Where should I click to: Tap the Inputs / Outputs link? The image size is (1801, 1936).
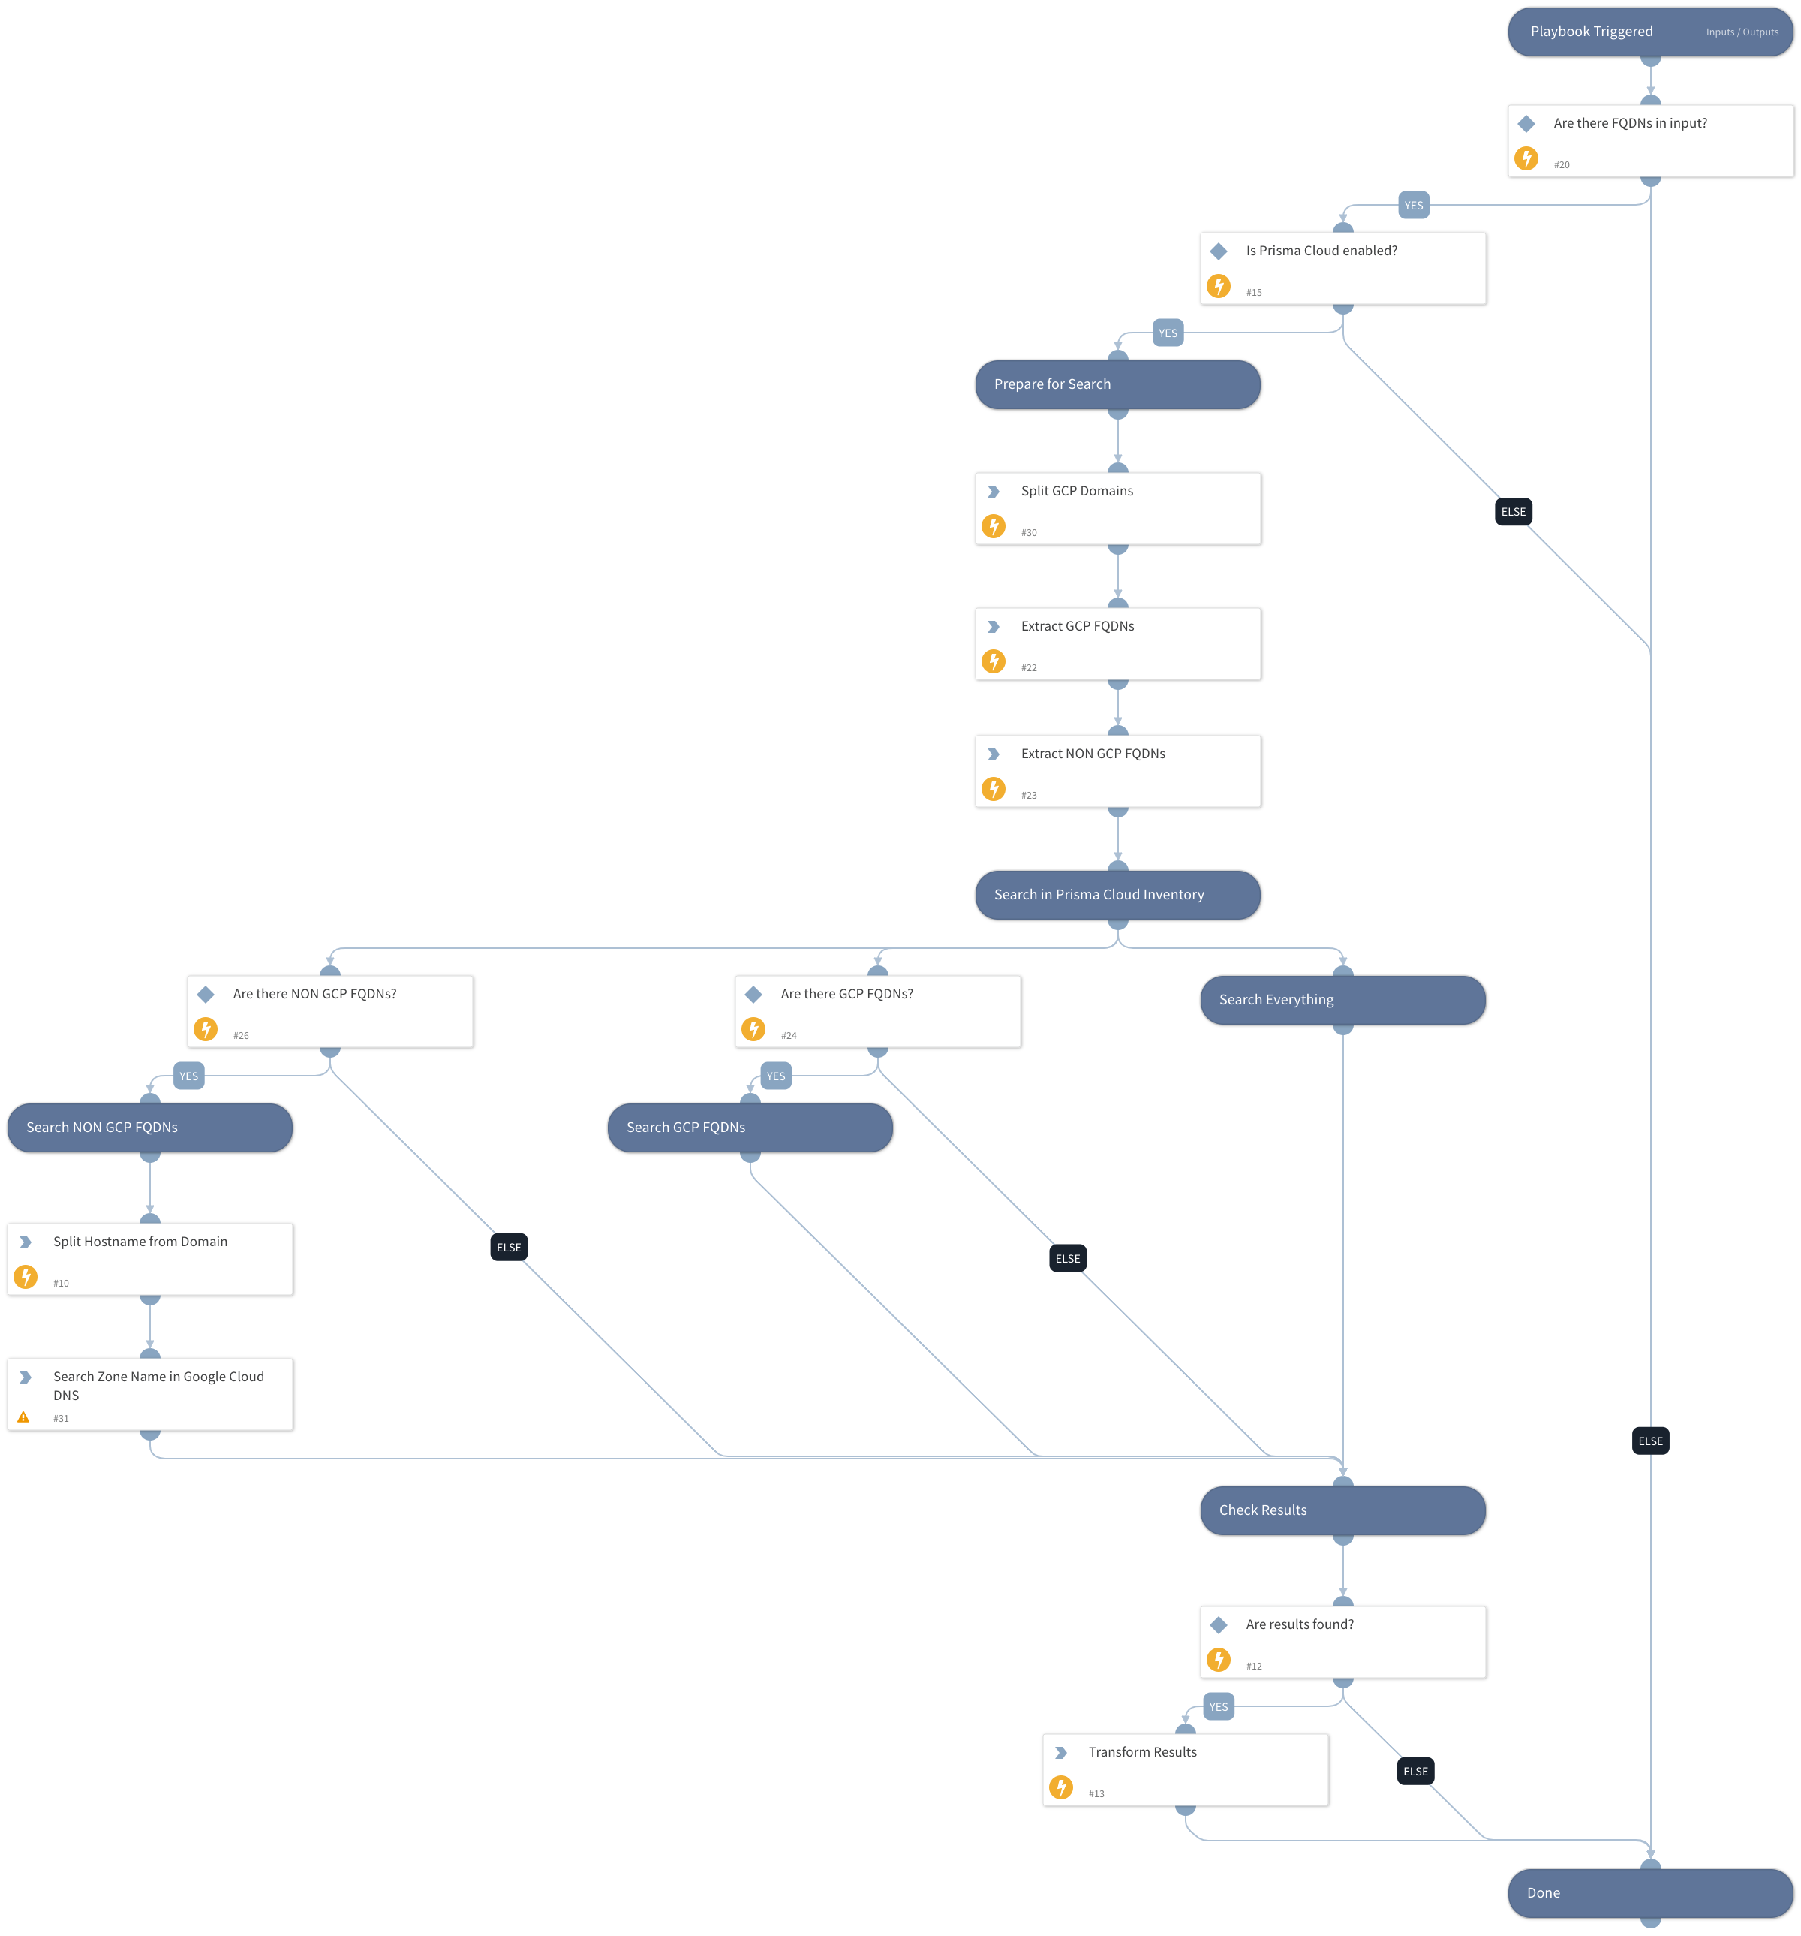(x=1741, y=32)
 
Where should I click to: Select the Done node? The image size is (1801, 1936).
(x=1649, y=1892)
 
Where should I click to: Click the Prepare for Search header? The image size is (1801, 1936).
(x=1117, y=384)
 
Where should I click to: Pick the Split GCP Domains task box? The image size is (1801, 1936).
(x=1117, y=508)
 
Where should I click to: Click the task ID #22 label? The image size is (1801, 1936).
(x=1028, y=668)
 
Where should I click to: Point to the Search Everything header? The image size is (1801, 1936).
(x=1342, y=1000)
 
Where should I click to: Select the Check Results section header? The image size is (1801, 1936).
(x=1342, y=1510)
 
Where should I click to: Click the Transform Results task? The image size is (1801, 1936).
(x=1184, y=1769)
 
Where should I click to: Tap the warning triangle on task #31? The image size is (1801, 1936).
(x=23, y=1418)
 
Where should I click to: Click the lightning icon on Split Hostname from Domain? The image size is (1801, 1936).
(x=26, y=1275)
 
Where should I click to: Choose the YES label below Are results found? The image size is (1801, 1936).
(x=1218, y=1707)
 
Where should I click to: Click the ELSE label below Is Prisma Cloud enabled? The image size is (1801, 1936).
(x=1512, y=512)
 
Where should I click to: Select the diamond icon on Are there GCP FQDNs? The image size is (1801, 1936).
(x=753, y=995)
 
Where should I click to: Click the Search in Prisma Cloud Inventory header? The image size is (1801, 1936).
(x=1117, y=895)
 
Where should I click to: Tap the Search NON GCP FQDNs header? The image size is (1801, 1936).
(x=149, y=1128)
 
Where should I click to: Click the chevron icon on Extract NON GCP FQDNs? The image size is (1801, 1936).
(x=993, y=754)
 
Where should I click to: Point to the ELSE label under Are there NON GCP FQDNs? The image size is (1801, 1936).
(x=508, y=1248)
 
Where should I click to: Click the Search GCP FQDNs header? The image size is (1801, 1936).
(x=749, y=1128)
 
